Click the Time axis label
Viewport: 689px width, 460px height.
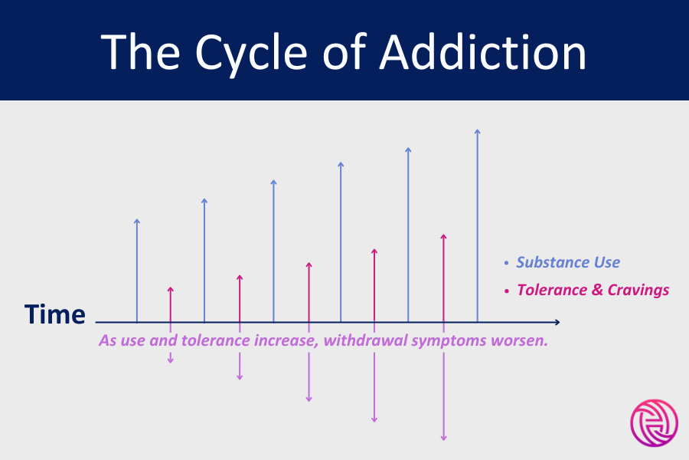point(54,314)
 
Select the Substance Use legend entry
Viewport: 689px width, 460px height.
point(568,262)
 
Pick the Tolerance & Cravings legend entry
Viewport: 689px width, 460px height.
point(593,290)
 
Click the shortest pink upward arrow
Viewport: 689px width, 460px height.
point(170,304)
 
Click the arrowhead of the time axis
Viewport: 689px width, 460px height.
point(557,322)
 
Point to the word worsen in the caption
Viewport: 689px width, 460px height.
point(522,340)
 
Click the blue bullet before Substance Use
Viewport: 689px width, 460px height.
point(506,263)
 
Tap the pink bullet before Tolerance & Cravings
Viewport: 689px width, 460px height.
point(506,291)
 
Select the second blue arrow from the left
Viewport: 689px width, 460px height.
point(204,261)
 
